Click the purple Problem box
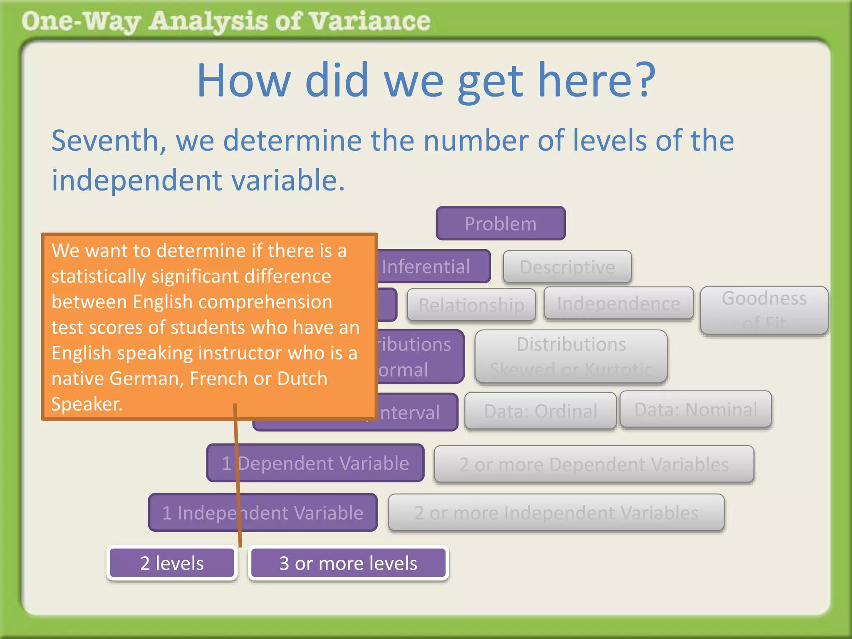[500, 223]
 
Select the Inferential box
[433, 267]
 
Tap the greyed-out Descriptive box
[567, 267]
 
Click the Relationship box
[471, 305]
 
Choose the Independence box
[618, 304]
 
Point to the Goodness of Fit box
[764, 310]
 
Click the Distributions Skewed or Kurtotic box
[571, 357]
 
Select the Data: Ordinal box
[540, 411]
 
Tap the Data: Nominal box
[696, 409]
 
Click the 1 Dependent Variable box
[315, 463]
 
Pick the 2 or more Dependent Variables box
[594, 464]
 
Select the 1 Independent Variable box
[263, 513]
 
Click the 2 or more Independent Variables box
[556, 513]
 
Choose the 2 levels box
[172, 563]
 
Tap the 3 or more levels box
[348, 563]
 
